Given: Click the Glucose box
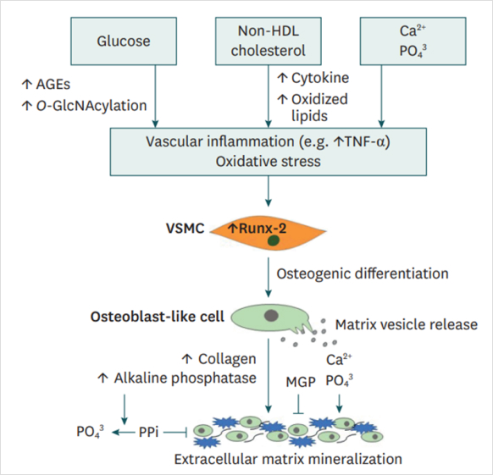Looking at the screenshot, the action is pyautogui.click(x=124, y=41).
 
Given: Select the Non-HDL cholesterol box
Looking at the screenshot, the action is pyautogui.click(x=269, y=41).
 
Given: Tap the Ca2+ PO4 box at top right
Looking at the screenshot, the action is pyautogui.click(x=413, y=41).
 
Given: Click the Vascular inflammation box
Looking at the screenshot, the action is pyautogui.click(x=269, y=152).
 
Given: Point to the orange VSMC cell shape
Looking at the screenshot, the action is pyautogui.click(x=268, y=232).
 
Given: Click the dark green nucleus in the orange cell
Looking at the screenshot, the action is pyautogui.click(x=274, y=240).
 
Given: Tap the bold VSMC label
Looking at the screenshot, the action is pyautogui.click(x=186, y=229).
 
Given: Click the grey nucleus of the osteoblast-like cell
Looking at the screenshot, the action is pyautogui.click(x=271, y=315).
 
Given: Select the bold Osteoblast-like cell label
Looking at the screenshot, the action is pyautogui.click(x=158, y=317).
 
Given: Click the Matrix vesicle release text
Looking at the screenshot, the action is pyautogui.click(x=407, y=324).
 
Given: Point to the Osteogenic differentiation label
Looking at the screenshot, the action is pyautogui.click(x=363, y=273).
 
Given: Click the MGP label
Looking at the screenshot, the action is pyautogui.click(x=301, y=382).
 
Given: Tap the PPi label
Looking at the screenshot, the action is pyautogui.click(x=148, y=433).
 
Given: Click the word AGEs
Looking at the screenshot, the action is pyautogui.click(x=53, y=85).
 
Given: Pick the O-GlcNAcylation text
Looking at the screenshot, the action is pyautogui.click(x=91, y=106).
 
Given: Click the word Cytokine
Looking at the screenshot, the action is pyautogui.click(x=320, y=78).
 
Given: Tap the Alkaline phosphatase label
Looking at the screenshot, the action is pyautogui.click(x=185, y=378).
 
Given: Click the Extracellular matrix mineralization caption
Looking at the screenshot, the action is pyautogui.click(x=288, y=459).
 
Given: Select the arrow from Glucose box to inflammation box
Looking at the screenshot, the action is pyautogui.click(x=155, y=97).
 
